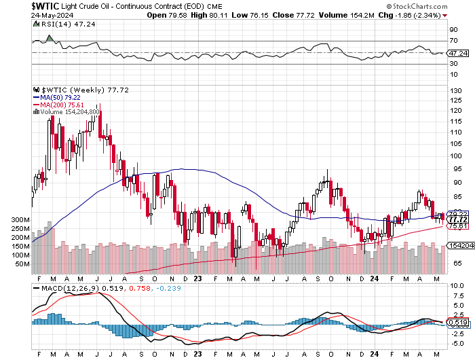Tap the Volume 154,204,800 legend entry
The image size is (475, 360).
tap(65, 112)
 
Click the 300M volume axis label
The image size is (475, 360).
tap(20, 221)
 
